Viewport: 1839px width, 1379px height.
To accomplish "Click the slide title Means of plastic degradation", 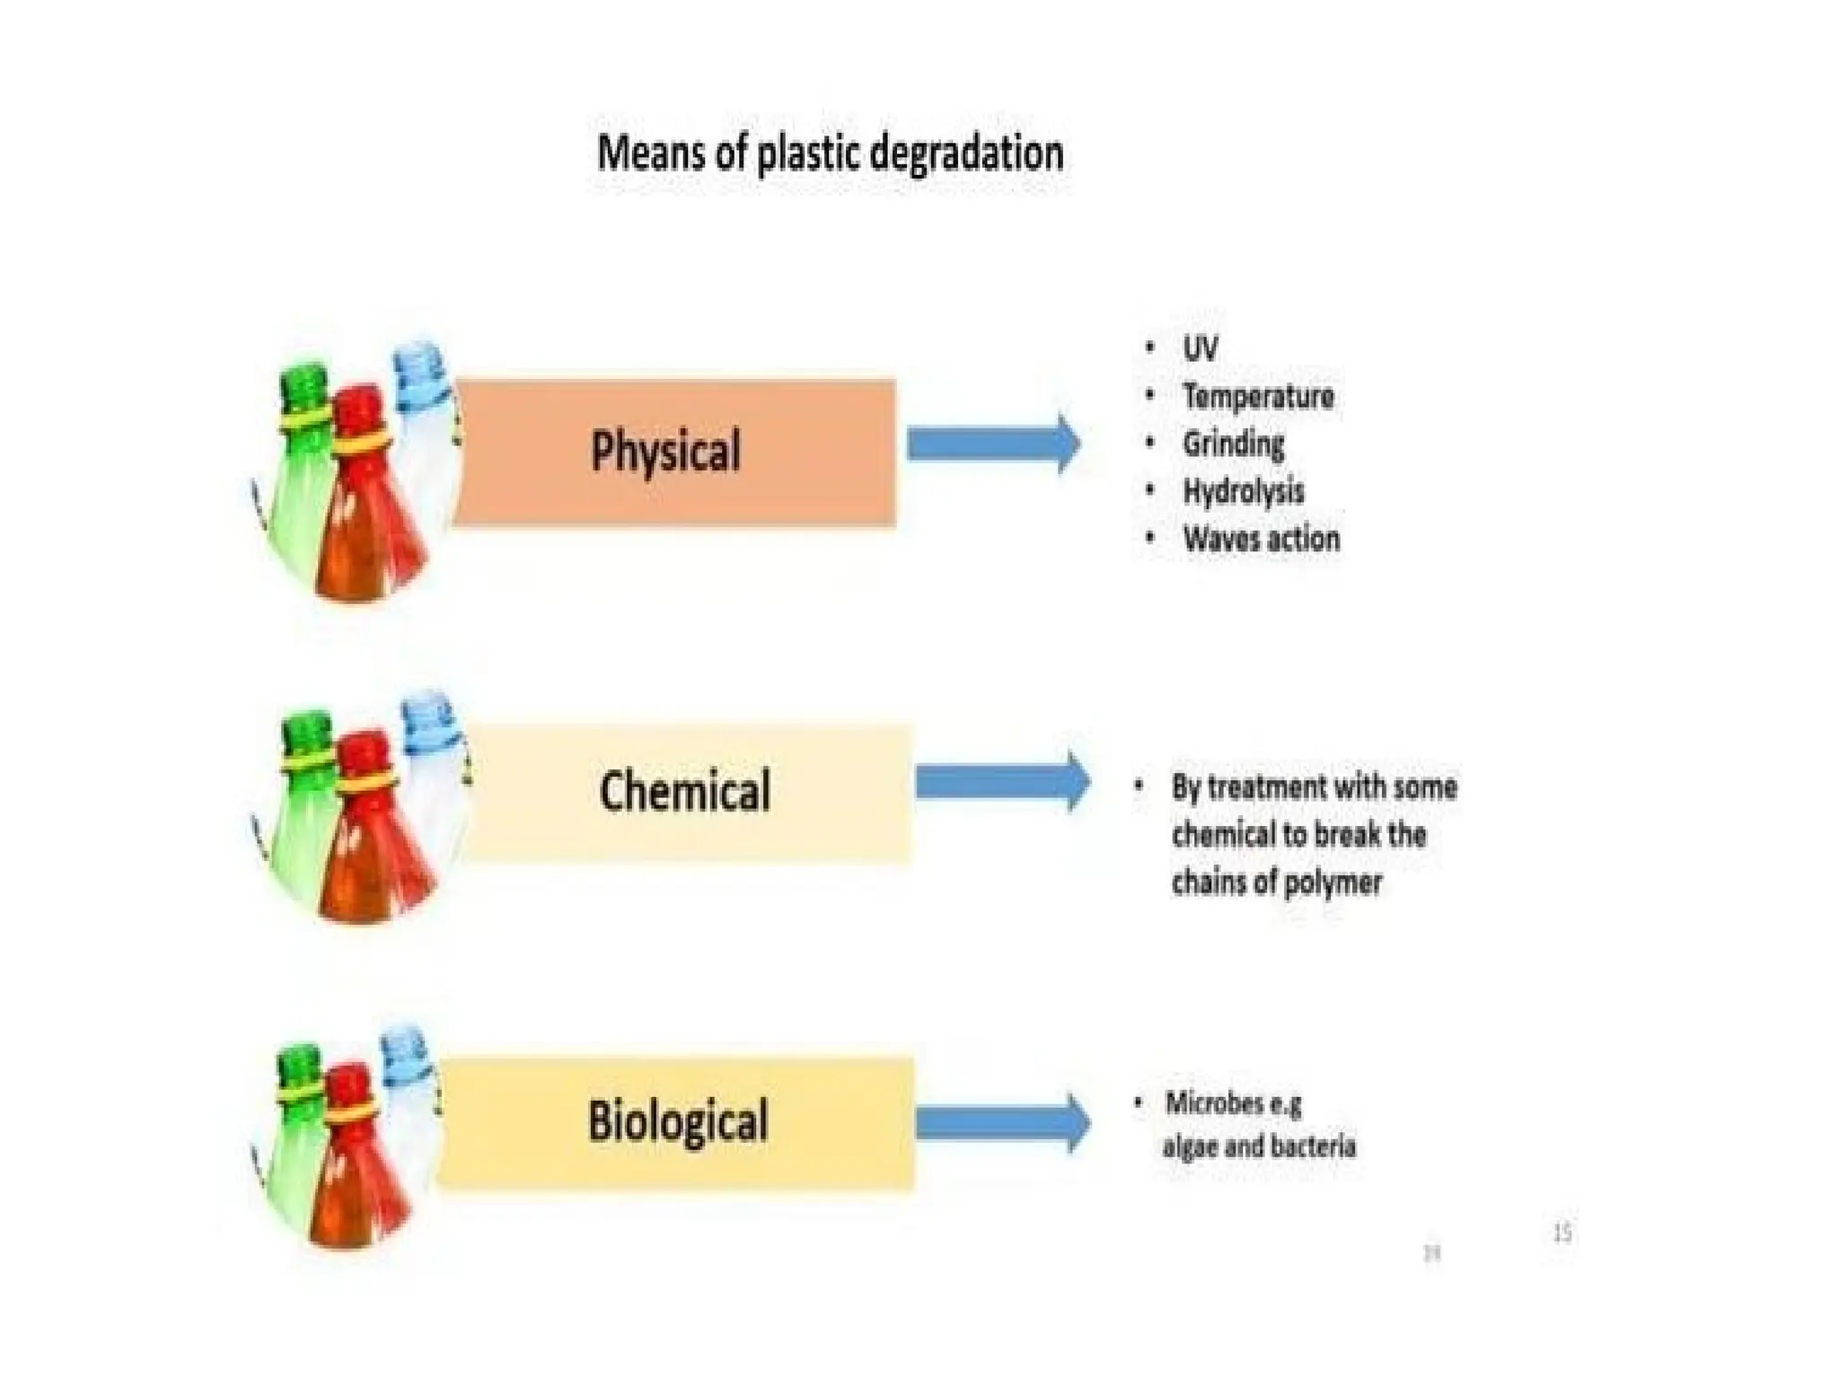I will [830, 153].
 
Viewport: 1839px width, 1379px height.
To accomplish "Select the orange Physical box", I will [673, 452].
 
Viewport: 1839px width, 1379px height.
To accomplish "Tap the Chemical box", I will [687, 792].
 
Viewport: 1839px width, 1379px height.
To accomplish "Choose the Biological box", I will [678, 1122].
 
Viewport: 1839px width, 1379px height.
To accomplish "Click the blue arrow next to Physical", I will [992, 444].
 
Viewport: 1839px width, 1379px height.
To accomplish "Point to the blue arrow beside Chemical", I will [1001, 782].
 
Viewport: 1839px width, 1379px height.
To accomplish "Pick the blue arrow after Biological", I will [1002, 1122].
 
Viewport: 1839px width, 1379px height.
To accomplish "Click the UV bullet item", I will [1200, 348].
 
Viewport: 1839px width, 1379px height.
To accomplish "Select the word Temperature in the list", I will [1257, 396].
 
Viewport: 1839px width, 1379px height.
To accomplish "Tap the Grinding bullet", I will [1233, 444].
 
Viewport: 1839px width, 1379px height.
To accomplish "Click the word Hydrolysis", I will [1243, 491].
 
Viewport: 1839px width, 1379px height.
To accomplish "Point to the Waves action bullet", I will [1261, 539].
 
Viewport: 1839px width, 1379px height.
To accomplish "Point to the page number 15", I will [1562, 1233].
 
